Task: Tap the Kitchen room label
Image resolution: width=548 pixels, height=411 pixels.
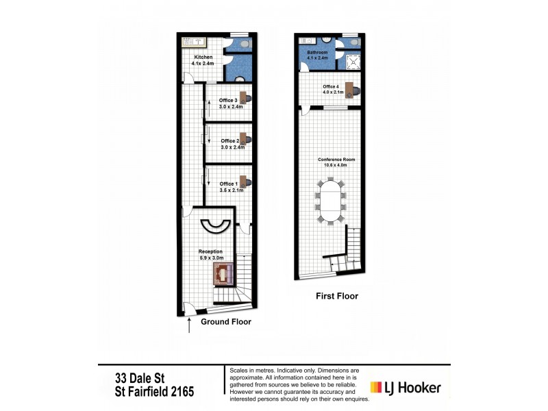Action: (x=203, y=57)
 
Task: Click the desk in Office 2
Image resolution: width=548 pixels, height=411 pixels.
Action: (x=244, y=138)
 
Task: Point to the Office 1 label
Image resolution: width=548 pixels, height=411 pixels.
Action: (x=227, y=184)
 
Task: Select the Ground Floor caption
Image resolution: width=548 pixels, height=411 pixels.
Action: (x=225, y=321)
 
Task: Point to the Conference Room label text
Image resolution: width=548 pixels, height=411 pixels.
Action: (x=332, y=160)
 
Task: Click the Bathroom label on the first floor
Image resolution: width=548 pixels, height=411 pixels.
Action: (x=317, y=52)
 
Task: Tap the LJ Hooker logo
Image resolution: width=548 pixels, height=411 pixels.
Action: (x=406, y=388)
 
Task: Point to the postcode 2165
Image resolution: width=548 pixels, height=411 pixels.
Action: (x=181, y=393)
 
